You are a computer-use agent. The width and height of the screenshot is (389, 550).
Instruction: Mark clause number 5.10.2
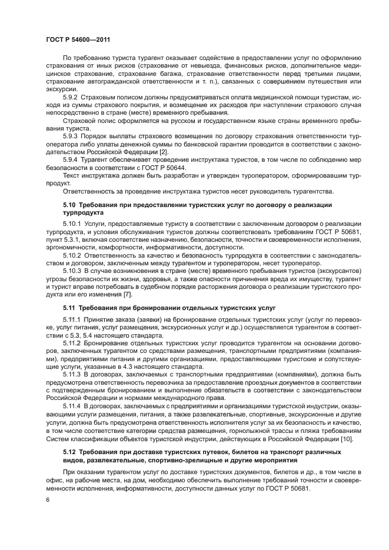[74, 256]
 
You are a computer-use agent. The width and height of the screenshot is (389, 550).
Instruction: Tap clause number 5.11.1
[73, 318]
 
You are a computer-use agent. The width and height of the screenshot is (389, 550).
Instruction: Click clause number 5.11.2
[73, 342]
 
